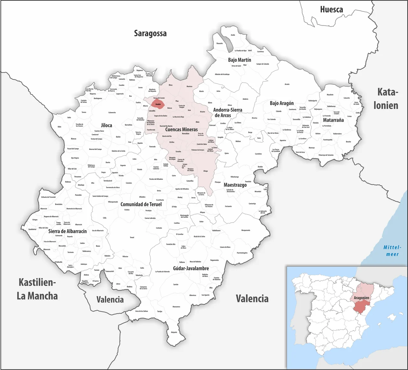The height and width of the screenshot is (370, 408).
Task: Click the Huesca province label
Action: pos(331,10)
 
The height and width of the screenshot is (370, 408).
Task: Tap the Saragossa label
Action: pos(150,33)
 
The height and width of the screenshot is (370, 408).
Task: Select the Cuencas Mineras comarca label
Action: pos(181,129)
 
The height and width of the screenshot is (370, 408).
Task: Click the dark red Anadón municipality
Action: pos(158,104)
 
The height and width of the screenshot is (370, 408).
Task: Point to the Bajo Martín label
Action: pos(239,60)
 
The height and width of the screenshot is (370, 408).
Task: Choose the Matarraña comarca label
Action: pos(333,120)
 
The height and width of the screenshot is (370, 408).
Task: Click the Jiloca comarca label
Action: pos(106,125)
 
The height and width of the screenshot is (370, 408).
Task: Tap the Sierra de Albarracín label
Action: pos(68,231)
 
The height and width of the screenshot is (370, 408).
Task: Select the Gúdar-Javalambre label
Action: pos(191,268)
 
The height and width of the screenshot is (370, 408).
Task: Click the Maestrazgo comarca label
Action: pos(235,185)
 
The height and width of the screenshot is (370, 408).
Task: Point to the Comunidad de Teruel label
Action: pos(141,204)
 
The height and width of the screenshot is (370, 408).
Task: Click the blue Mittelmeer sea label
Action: pos(392,251)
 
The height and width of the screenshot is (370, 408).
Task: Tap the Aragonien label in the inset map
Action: pos(361,298)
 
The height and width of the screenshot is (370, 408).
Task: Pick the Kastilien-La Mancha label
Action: pos(37,289)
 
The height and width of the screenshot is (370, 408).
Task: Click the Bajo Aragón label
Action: pos(282,103)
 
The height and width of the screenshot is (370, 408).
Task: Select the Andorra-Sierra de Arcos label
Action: pos(227,112)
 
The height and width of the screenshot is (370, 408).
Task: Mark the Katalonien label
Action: pos(386,99)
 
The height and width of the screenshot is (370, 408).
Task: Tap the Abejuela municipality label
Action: pos(174,332)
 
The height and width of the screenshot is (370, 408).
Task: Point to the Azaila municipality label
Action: pos(233,35)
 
